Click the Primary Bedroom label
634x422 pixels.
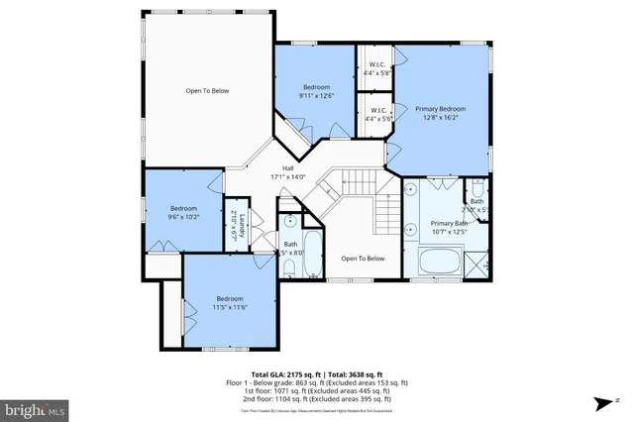(x=440, y=108)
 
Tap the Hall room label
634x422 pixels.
(x=288, y=168)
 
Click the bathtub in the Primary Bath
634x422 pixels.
(x=439, y=262)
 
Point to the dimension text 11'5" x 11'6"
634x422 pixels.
(x=230, y=307)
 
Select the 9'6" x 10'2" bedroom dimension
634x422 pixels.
(x=183, y=217)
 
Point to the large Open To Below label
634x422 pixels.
(x=207, y=91)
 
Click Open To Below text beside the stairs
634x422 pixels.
(x=363, y=259)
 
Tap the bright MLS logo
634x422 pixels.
(x=36, y=407)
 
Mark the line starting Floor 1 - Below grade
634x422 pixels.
(x=317, y=381)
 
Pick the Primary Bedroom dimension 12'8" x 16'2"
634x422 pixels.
(x=440, y=117)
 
